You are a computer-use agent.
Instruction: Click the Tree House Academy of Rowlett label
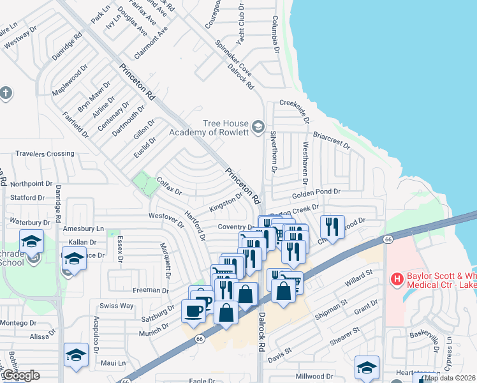coord(207,128)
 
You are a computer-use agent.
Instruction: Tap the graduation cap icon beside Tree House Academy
coord(258,126)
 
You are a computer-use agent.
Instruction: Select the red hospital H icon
coord(397,279)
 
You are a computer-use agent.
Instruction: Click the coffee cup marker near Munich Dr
coord(194,312)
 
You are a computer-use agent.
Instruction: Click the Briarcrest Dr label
coord(332,140)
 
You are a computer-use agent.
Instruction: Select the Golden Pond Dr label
coord(314,194)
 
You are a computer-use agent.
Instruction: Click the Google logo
coord(20,375)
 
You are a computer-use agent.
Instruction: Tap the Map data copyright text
coord(450,378)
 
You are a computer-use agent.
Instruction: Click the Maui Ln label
coord(112,363)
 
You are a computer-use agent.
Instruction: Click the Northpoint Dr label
coord(31,183)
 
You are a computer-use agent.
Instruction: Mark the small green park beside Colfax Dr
coord(145,184)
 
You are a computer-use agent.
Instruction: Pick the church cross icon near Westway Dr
coord(6,93)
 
